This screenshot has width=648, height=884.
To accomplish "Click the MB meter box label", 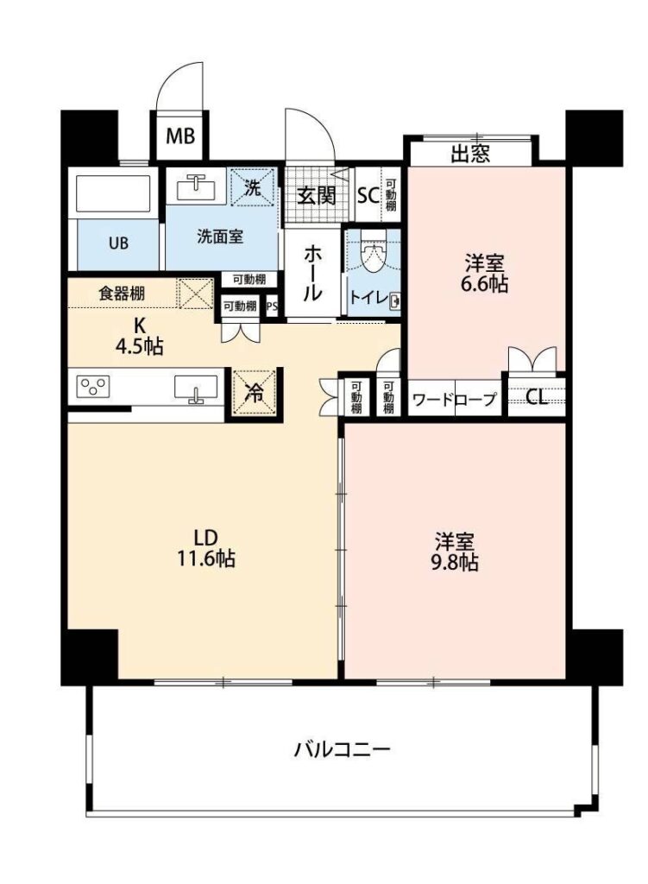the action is point(180,136).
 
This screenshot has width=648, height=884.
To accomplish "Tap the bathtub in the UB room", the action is point(113,193).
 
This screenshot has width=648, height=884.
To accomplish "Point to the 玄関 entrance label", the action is point(316,196).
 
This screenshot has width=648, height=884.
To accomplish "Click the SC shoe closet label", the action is point(368,195).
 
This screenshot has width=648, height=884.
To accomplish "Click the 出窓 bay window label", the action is point(470,154).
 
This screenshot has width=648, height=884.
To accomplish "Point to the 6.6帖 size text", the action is point(484,284).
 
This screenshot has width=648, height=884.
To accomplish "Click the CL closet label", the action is point(536,398).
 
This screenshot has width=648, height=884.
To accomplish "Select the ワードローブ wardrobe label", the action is point(454,400).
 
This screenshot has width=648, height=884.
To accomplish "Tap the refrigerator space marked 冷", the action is point(255,393).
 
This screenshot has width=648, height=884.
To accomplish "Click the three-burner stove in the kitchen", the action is point(93,388).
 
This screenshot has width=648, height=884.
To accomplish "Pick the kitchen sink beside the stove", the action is point(196,388).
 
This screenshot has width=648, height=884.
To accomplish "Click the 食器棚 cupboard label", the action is point(122,294).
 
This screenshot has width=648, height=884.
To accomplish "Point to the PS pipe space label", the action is point(272,306).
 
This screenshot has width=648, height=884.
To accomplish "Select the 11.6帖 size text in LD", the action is point(206,559).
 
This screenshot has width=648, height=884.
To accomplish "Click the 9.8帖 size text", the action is point(454,562).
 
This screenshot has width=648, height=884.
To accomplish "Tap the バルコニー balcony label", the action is point(342,750).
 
